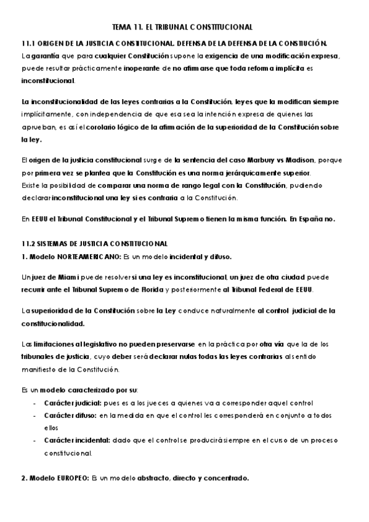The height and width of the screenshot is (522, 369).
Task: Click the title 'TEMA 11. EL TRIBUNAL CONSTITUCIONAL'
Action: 183,27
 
